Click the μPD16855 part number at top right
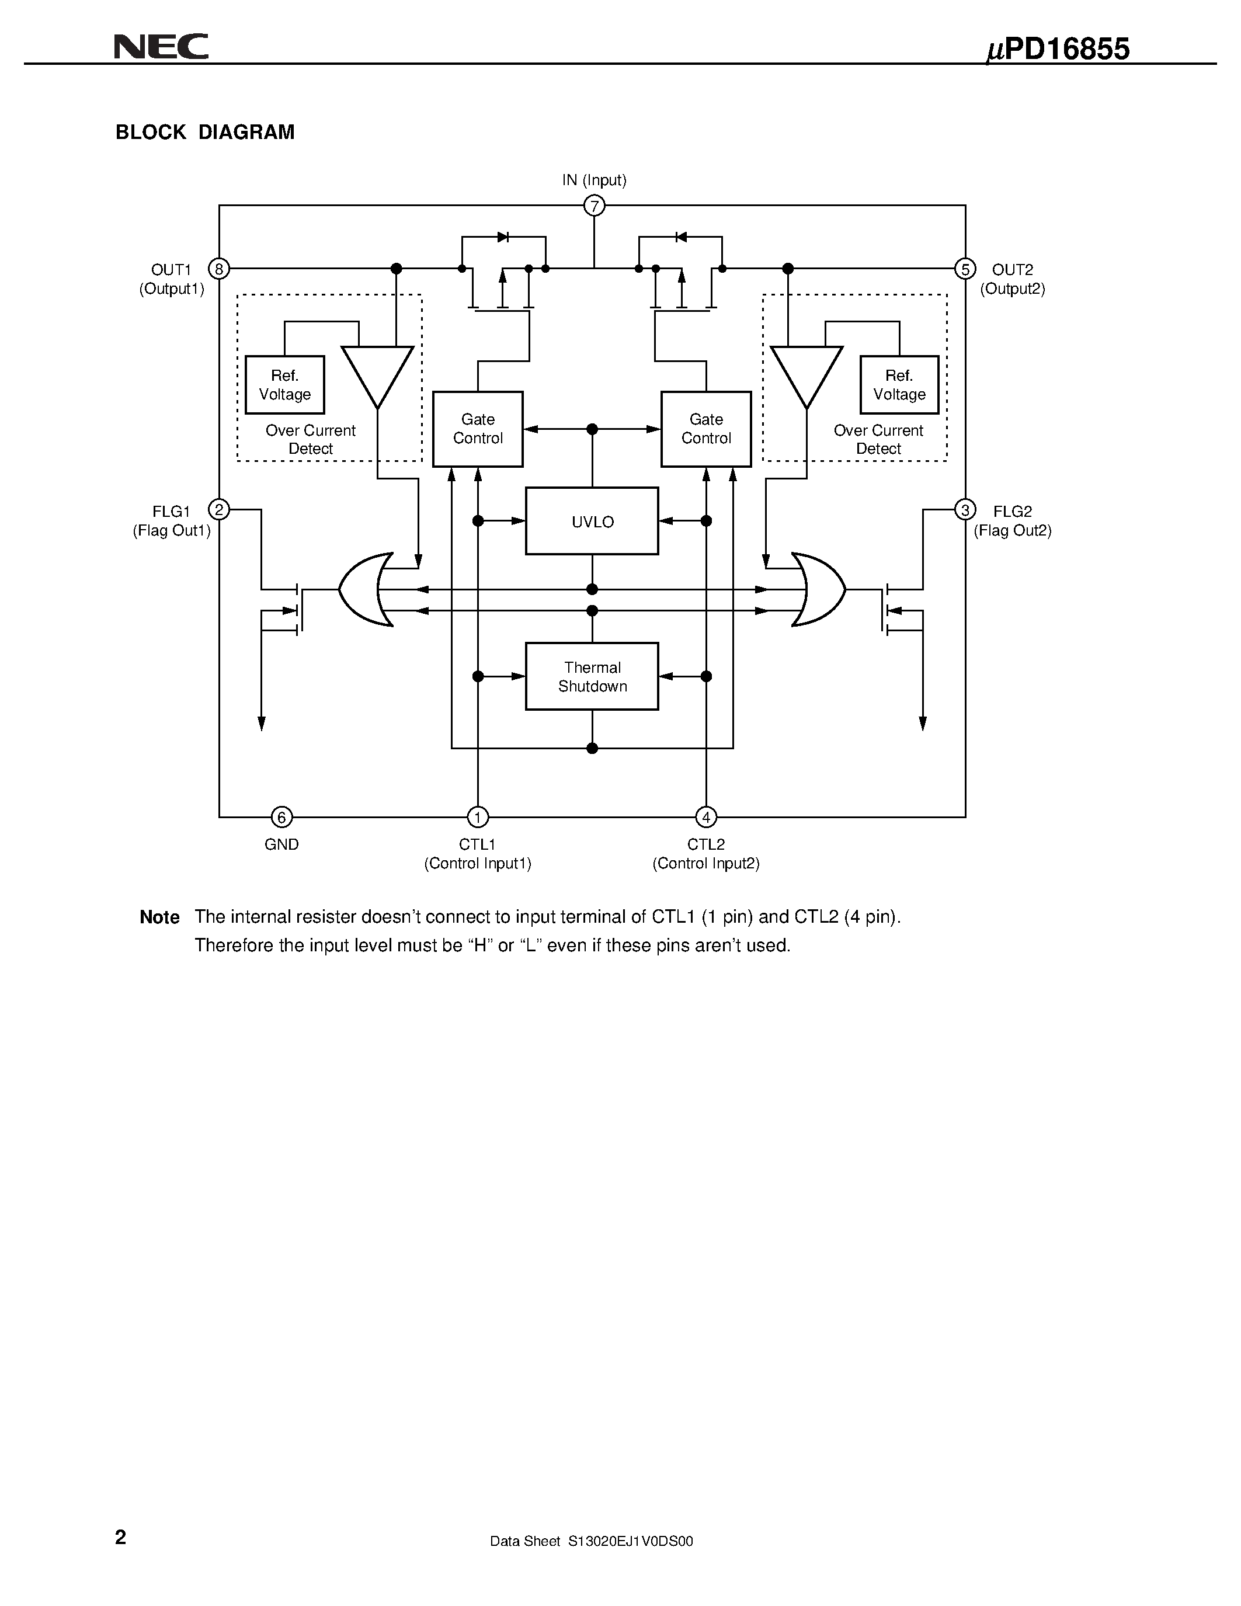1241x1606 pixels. point(1057,49)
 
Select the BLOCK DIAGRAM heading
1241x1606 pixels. point(205,133)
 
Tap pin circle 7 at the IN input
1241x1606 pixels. point(594,206)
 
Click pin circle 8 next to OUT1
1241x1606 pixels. point(219,269)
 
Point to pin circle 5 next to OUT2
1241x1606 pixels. point(965,269)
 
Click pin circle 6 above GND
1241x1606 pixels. point(281,817)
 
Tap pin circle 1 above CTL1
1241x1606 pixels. point(478,817)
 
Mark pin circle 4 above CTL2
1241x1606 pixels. point(706,817)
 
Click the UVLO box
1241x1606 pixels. point(592,522)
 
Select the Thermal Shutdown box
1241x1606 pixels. point(592,676)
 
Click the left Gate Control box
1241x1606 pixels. point(478,429)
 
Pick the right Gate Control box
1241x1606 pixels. point(706,429)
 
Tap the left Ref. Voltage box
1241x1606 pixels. point(284,385)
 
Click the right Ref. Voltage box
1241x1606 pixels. point(899,385)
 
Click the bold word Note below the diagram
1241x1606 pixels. point(159,917)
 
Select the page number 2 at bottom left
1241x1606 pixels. point(120,1538)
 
